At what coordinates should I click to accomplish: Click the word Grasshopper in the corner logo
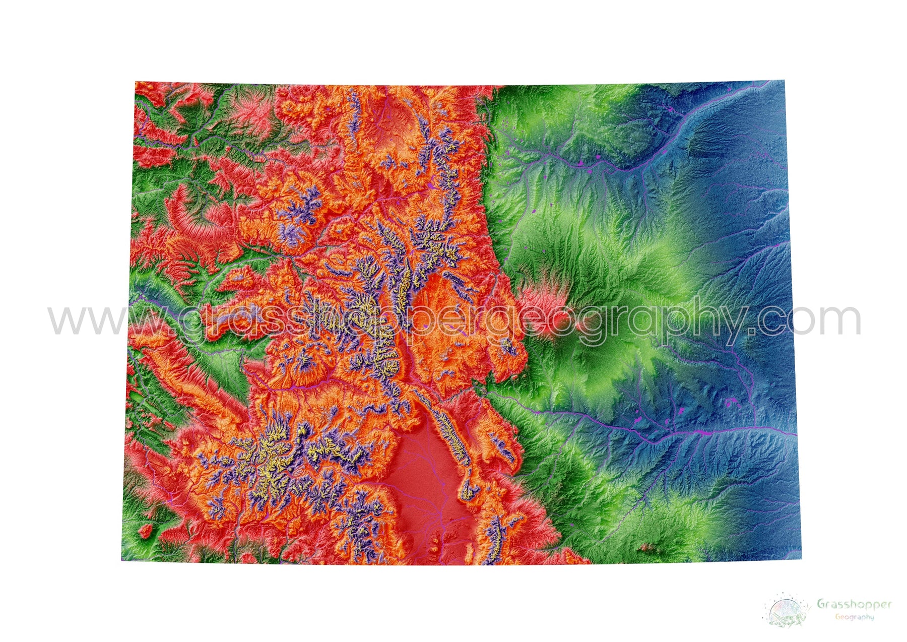click(x=854, y=604)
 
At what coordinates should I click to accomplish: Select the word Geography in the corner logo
click(x=854, y=617)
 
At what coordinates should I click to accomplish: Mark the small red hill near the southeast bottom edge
click(x=645, y=547)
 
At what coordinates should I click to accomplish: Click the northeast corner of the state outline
click(x=784, y=81)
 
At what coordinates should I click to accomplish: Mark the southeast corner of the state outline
click(x=801, y=558)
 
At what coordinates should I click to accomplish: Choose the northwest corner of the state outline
click(x=136, y=82)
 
